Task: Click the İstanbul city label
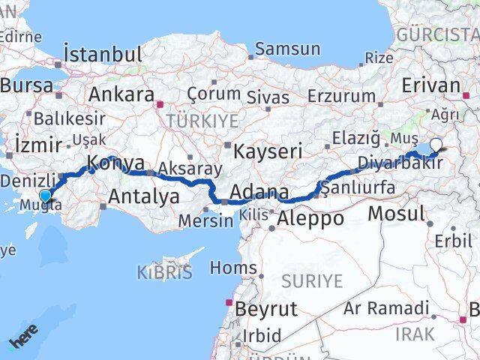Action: (103, 54)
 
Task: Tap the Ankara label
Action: (121, 95)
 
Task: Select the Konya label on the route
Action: (115, 163)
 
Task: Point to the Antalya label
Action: (144, 196)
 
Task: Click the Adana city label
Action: (259, 193)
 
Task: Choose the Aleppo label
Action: (310, 219)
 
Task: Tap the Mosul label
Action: (396, 213)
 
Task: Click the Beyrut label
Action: (266, 308)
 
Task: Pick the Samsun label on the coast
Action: (287, 49)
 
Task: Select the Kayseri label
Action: (268, 150)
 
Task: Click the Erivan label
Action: (430, 85)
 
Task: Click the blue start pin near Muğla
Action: (45, 197)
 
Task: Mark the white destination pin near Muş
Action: (436, 145)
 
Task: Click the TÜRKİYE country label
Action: (202, 121)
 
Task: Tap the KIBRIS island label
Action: (164, 272)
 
